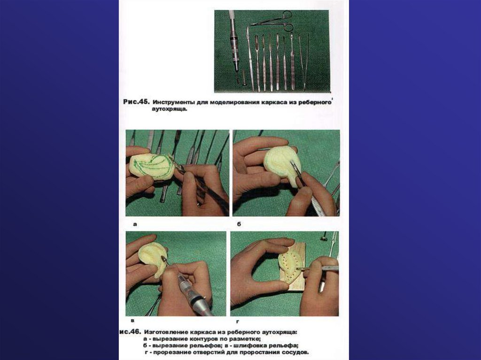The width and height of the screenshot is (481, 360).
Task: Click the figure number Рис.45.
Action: coord(136,102)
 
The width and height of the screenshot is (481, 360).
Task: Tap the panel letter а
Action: coord(135,224)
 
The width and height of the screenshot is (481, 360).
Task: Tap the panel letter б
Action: coord(239,224)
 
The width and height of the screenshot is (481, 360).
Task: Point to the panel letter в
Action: coord(132,321)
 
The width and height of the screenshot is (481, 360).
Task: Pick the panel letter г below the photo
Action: coord(237,322)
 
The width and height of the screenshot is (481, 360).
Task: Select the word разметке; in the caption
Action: coord(246,339)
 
